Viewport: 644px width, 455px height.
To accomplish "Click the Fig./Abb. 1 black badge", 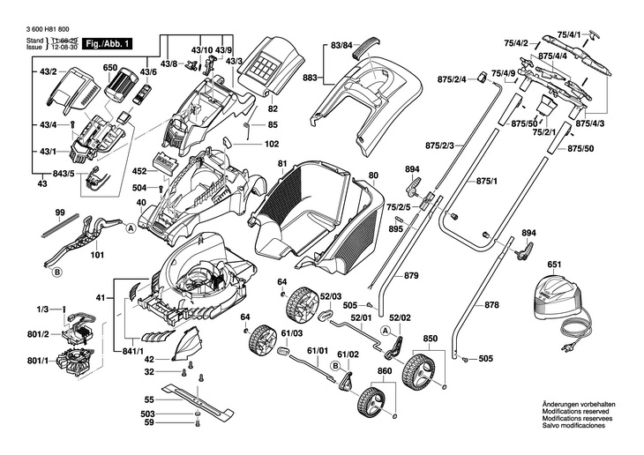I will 105,42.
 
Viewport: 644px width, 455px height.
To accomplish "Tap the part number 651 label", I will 554,264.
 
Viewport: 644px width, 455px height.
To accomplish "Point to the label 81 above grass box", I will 282,165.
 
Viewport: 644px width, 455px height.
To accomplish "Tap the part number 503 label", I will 148,414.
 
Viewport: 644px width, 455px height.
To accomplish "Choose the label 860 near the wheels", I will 385,371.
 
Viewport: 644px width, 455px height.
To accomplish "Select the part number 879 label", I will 411,276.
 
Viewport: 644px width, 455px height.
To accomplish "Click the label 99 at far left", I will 61,213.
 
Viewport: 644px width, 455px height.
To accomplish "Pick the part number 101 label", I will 97,256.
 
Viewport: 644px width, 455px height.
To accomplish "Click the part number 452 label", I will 139,172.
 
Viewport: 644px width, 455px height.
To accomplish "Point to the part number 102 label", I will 272,144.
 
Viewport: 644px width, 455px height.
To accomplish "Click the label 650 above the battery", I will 110,68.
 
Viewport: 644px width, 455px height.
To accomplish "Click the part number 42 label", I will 150,359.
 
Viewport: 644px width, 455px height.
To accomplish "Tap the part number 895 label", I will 395,228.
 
